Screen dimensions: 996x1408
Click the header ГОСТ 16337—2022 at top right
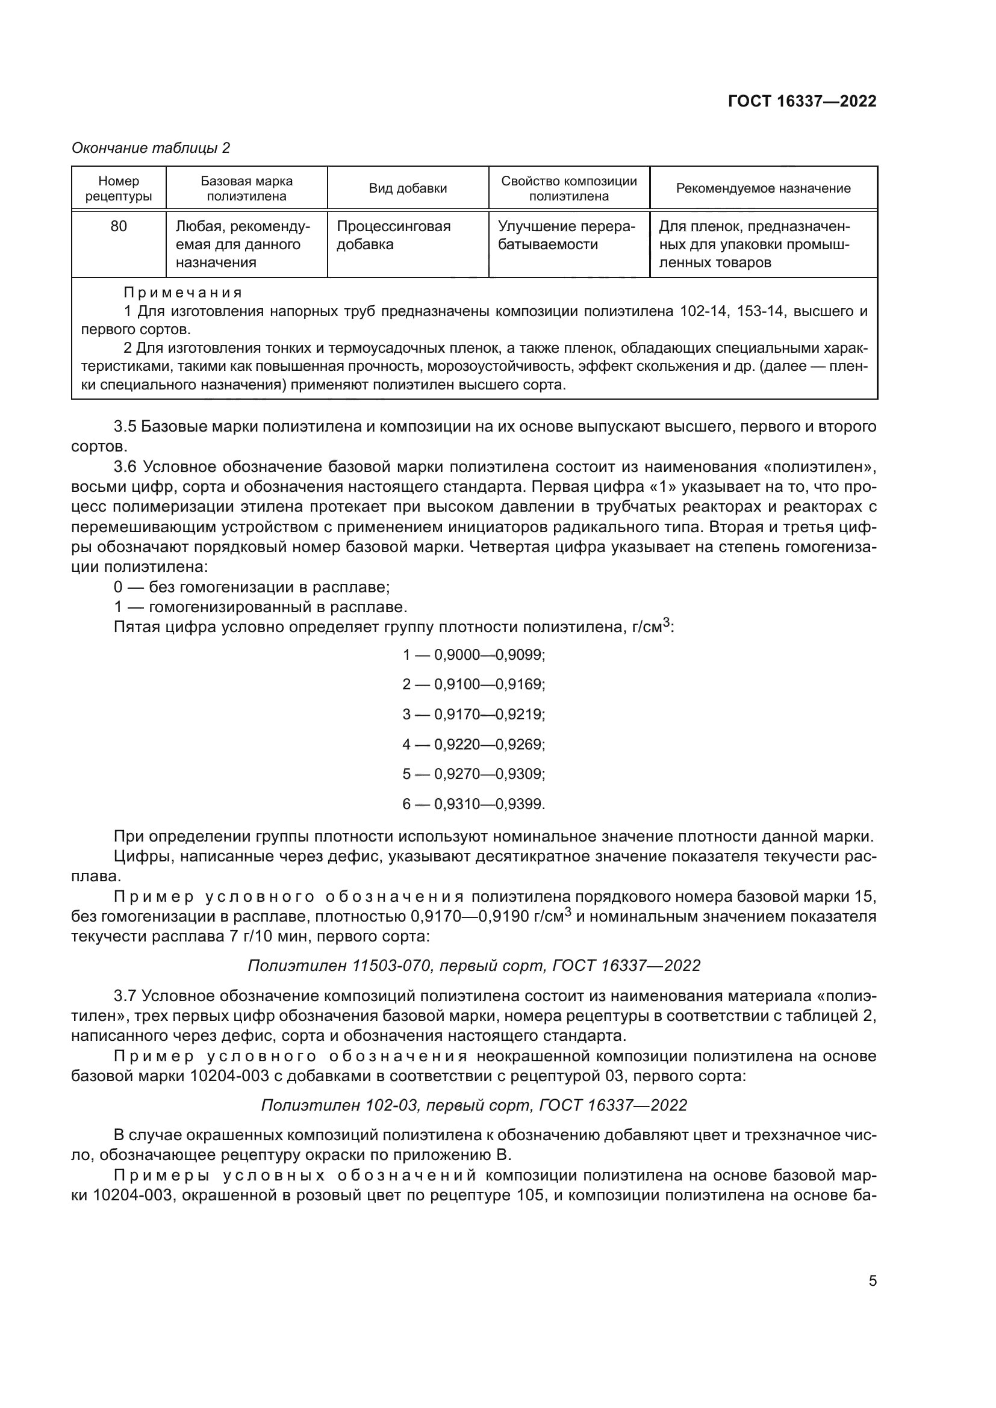coord(801,101)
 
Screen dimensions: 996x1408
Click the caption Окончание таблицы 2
coord(151,148)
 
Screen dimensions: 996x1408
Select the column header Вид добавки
coord(407,188)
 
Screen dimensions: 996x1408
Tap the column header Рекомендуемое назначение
coord(763,188)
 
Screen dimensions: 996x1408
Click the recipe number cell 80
coord(119,226)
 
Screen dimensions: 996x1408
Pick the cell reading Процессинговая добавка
coord(393,235)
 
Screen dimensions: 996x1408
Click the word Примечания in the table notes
coord(183,293)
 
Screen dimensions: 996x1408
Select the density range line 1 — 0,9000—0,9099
coord(473,655)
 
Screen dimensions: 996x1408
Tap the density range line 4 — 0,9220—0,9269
coord(473,745)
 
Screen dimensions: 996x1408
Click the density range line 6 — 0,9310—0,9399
coord(473,804)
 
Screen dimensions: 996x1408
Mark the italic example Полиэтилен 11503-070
coord(473,965)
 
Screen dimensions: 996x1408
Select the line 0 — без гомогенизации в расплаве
coord(252,588)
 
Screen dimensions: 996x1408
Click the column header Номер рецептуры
coord(119,188)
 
